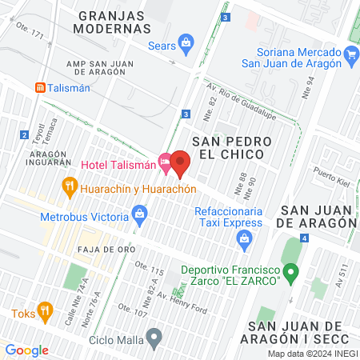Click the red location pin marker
[x=180, y=163]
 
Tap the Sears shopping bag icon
[x=186, y=42]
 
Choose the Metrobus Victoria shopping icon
[x=140, y=214]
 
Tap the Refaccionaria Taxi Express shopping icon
[x=246, y=237]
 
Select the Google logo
[x=26, y=350]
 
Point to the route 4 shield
[x=305, y=238]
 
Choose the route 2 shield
[x=25, y=134]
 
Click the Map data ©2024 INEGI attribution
[x=312, y=354]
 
